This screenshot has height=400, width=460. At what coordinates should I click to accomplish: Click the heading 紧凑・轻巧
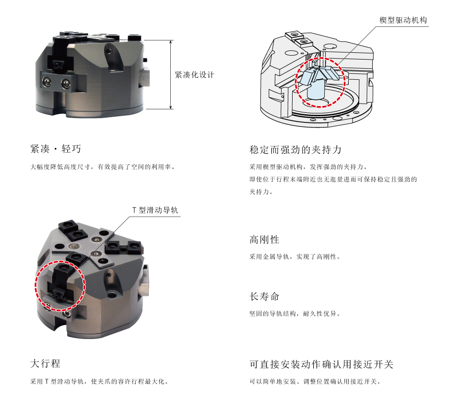pyautogui.click(x=56, y=149)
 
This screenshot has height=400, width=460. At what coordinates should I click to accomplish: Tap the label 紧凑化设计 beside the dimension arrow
pyautogui.click(x=194, y=75)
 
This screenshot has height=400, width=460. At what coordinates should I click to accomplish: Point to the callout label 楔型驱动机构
pyautogui.click(x=403, y=20)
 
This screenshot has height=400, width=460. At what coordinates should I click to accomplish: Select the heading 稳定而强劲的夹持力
pyautogui.click(x=295, y=150)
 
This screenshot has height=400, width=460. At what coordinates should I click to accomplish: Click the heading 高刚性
pyautogui.click(x=264, y=240)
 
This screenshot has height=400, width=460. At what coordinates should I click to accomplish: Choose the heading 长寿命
pyautogui.click(x=264, y=297)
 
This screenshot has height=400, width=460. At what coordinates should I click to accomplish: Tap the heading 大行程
pyautogui.click(x=45, y=364)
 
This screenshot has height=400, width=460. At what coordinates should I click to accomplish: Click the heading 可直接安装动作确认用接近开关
pyautogui.click(x=321, y=364)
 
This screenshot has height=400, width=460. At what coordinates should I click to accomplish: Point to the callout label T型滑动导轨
pyautogui.click(x=155, y=210)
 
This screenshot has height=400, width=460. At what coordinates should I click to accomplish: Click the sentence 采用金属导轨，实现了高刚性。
pyautogui.click(x=295, y=257)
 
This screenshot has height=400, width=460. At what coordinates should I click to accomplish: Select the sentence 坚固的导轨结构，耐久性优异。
pyautogui.click(x=295, y=314)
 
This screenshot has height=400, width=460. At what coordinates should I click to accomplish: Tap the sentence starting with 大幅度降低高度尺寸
pyautogui.click(x=103, y=167)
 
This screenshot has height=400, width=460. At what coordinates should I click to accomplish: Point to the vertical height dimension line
pyautogui.click(x=171, y=74)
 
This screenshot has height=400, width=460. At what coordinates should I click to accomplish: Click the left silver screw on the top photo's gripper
pyautogui.click(x=47, y=81)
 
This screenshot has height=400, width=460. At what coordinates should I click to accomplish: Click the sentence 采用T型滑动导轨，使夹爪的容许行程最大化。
pyautogui.click(x=99, y=381)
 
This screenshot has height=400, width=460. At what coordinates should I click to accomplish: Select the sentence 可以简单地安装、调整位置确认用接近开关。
pyautogui.click(x=315, y=381)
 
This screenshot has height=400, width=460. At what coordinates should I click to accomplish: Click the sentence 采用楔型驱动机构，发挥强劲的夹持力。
pyautogui.click(x=308, y=167)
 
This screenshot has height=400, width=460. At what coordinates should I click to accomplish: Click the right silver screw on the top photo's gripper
pyautogui.click(x=66, y=84)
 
